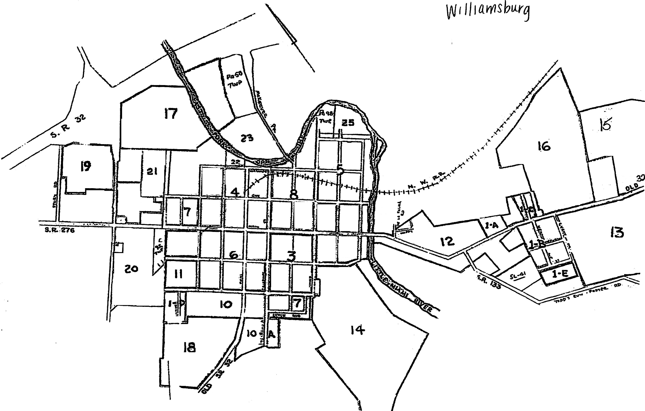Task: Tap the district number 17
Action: (171, 114)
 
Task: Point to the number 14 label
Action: (358, 330)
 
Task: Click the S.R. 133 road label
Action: (489, 282)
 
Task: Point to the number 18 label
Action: (189, 347)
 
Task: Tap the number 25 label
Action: (348, 123)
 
